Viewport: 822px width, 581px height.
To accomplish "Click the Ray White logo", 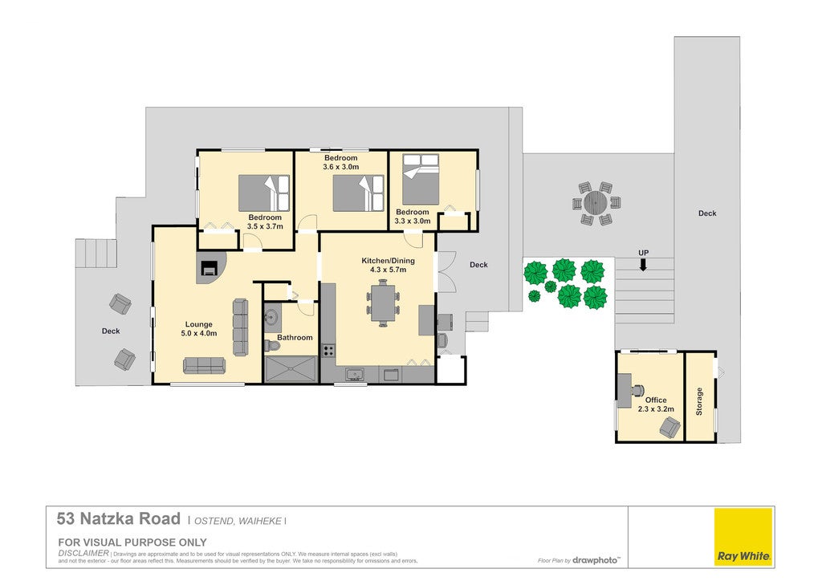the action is pyautogui.click(x=744, y=537).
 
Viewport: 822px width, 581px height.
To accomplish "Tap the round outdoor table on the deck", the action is pyautogui.click(x=595, y=202).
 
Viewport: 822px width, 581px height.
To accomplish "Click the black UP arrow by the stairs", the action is pyautogui.click(x=643, y=265).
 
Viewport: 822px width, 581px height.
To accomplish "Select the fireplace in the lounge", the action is pyautogui.click(x=210, y=267).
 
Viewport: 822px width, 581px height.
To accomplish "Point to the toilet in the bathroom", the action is pyautogui.click(x=272, y=346).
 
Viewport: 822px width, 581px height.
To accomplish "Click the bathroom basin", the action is pyautogui.click(x=271, y=316).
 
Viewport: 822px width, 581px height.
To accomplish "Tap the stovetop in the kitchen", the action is pyautogui.click(x=328, y=351).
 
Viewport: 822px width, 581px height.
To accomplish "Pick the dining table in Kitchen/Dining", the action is pyautogui.click(x=383, y=303).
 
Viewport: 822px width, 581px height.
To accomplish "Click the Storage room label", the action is pyautogui.click(x=699, y=401).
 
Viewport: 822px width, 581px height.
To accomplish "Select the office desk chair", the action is pyautogui.click(x=637, y=390).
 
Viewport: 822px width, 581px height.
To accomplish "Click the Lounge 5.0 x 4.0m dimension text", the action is pyautogui.click(x=199, y=333).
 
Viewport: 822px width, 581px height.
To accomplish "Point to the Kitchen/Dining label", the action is pyautogui.click(x=388, y=260).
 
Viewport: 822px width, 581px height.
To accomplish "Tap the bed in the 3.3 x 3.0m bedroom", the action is pyautogui.click(x=421, y=179).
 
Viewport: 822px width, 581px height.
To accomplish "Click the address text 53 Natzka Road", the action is pyautogui.click(x=119, y=518).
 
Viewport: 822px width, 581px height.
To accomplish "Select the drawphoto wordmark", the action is pyautogui.click(x=596, y=560).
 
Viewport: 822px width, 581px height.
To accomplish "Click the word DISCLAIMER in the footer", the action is pyautogui.click(x=83, y=553).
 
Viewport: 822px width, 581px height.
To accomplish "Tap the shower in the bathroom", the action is pyautogui.click(x=291, y=369).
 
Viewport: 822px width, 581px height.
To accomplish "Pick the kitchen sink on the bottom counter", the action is pyautogui.click(x=355, y=374).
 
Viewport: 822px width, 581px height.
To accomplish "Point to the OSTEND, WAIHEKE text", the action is pyautogui.click(x=238, y=521).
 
